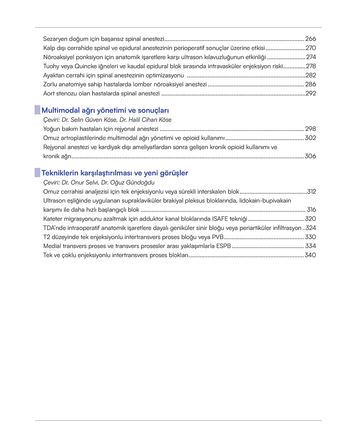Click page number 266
[x=310, y=39]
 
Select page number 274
[x=311, y=57]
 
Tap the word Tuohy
[x=51, y=66]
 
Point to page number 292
[x=311, y=93]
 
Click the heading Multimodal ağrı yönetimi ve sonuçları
[x=105, y=111]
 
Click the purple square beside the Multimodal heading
[x=38, y=110]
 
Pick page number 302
[x=310, y=138]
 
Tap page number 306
[x=310, y=156]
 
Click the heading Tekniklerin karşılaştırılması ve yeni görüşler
[x=115, y=173]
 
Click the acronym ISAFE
[x=220, y=219]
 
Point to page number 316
[x=311, y=210]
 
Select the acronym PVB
[x=218, y=237]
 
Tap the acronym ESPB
[x=223, y=246]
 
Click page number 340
[x=310, y=255]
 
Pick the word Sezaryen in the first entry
[x=55, y=39]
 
